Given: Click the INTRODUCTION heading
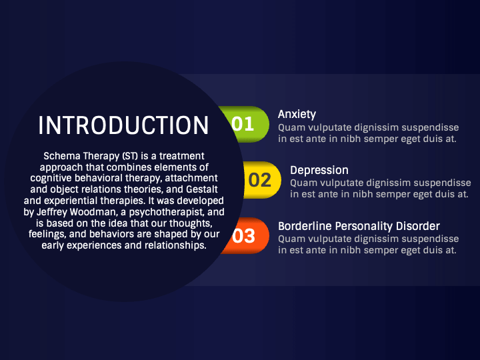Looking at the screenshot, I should pyautogui.click(x=123, y=125).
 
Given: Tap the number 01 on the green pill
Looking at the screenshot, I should pyautogui.click(x=243, y=124).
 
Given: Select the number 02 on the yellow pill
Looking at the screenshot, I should pyautogui.click(x=259, y=180).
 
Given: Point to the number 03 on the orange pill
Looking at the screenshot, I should pyautogui.click(x=244, y=235).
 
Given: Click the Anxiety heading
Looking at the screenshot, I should pyautogui.click(x=297, y=114).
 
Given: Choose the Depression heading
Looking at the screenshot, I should pyautogui.click(x=319, y=170).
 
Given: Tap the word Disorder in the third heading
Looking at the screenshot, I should pyautogui.click(x=417, y=226).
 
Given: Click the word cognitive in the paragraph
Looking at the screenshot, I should pyautogui.click(x=53, y=178).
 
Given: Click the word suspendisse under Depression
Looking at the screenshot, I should pyautogui.click(x=442, y=183).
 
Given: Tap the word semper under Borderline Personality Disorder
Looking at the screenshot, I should pyautogui.click(x=375, y=250).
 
